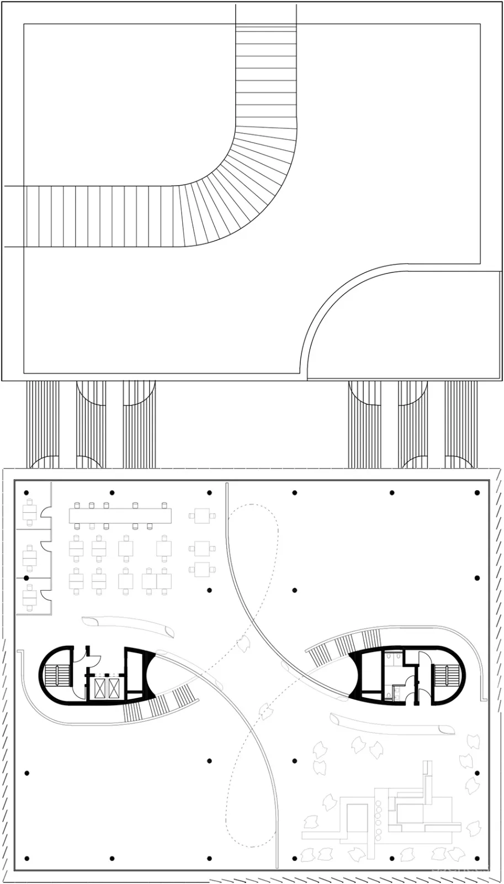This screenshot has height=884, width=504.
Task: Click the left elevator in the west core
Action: [100, 688]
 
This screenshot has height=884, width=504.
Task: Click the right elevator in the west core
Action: [114, 688]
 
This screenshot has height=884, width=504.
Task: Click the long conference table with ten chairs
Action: [120, 515]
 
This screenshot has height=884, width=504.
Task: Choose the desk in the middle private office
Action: [29, 558]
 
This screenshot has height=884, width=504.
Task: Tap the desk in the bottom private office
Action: [29, 597]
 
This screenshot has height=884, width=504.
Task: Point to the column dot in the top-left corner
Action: [26, 492]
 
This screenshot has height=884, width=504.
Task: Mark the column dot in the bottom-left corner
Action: [26, 859]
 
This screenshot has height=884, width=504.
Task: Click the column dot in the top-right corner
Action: [478, 492]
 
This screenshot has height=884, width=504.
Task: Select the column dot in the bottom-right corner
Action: [478, 859]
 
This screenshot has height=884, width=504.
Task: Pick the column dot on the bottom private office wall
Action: [26, 577]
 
